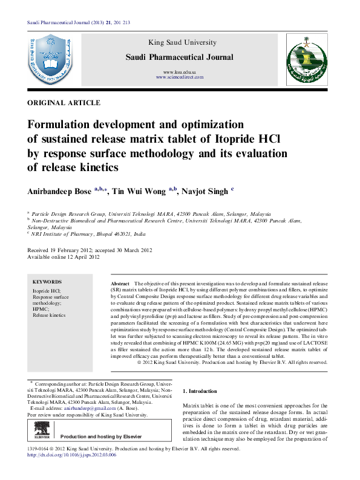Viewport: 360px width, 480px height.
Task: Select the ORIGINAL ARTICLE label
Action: pyautogui.click(x=64, y=103)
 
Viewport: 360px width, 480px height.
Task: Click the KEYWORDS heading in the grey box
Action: pyautogui.click(x=47, y=282)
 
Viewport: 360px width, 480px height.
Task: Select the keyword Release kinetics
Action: pyautogui.click(x=49, y=316)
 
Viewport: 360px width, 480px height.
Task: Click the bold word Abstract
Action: pyautogui.click(x=120, y=284)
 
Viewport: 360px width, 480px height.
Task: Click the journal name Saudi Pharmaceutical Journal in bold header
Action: pyautogui.click(x=178, y=57)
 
